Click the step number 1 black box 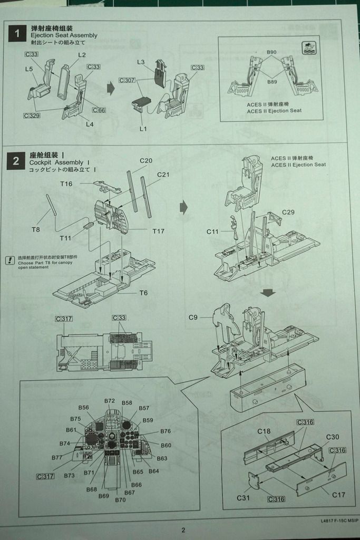pos(17,34)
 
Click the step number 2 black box pos(16,161)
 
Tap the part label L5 pos(28,69)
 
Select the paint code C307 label pos(127,80)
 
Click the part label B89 pos(271,82)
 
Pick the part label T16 pos(66,184)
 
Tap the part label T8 pos(36,229)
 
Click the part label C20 pos(146,161)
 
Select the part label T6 pos(143,293)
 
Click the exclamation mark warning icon pos(10,260)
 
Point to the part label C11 pos(212,232)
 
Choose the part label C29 pos(288,212)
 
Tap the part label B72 pos(110,401)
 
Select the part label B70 pos(120,499)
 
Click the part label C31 pos(243,498)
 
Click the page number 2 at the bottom pos(183,531)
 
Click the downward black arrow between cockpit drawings pos(269,292)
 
